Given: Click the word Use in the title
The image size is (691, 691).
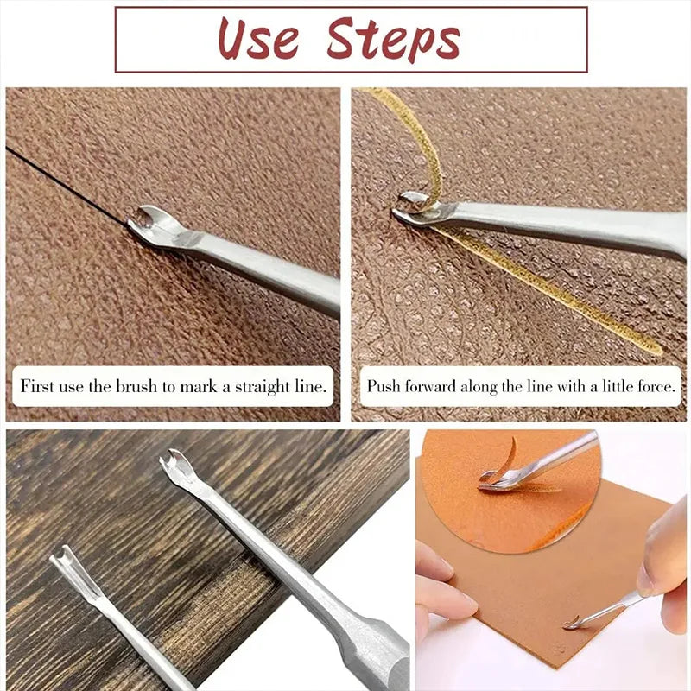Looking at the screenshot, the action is pos(258,39).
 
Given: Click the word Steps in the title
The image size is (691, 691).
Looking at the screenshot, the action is pos(394,40).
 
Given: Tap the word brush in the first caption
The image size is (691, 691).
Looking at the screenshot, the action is pos(136,386).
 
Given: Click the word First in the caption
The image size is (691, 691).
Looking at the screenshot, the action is pos(37,386).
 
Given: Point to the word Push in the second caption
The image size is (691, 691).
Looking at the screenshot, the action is pos(384,386).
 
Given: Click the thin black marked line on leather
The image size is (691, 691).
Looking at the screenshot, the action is pos(67,186).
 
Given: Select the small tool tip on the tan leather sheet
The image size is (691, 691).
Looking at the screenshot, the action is pos(572,623).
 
